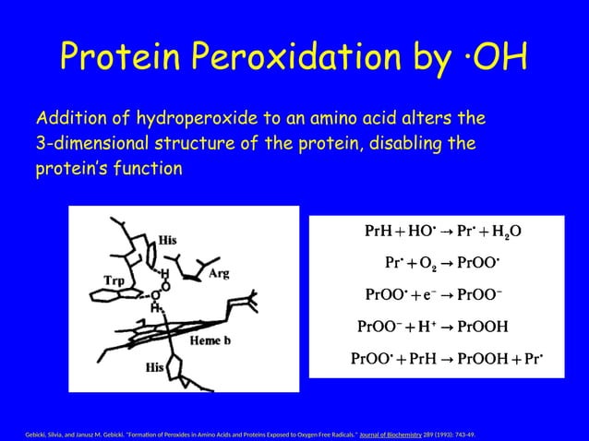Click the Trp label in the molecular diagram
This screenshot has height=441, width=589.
(114, 279)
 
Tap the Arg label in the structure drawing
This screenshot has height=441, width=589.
(219, 274)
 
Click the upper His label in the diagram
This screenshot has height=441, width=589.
(168, 240)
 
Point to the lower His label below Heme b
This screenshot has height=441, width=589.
(155, 367)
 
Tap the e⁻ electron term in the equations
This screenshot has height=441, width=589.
(427, 295)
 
